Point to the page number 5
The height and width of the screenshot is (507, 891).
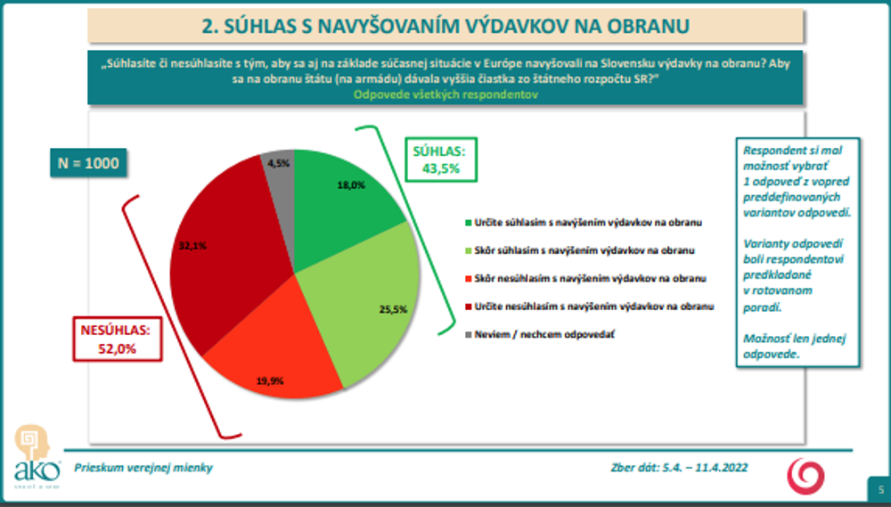click(880, 489)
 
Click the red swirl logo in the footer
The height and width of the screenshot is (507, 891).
click(805, 474)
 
